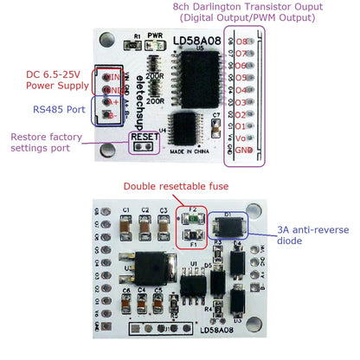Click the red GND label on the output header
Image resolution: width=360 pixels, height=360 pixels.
[x=245, y=150]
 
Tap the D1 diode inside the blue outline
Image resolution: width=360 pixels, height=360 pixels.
[x=229, y=225]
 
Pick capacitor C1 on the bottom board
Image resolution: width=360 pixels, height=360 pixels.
[x=125, y=223]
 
